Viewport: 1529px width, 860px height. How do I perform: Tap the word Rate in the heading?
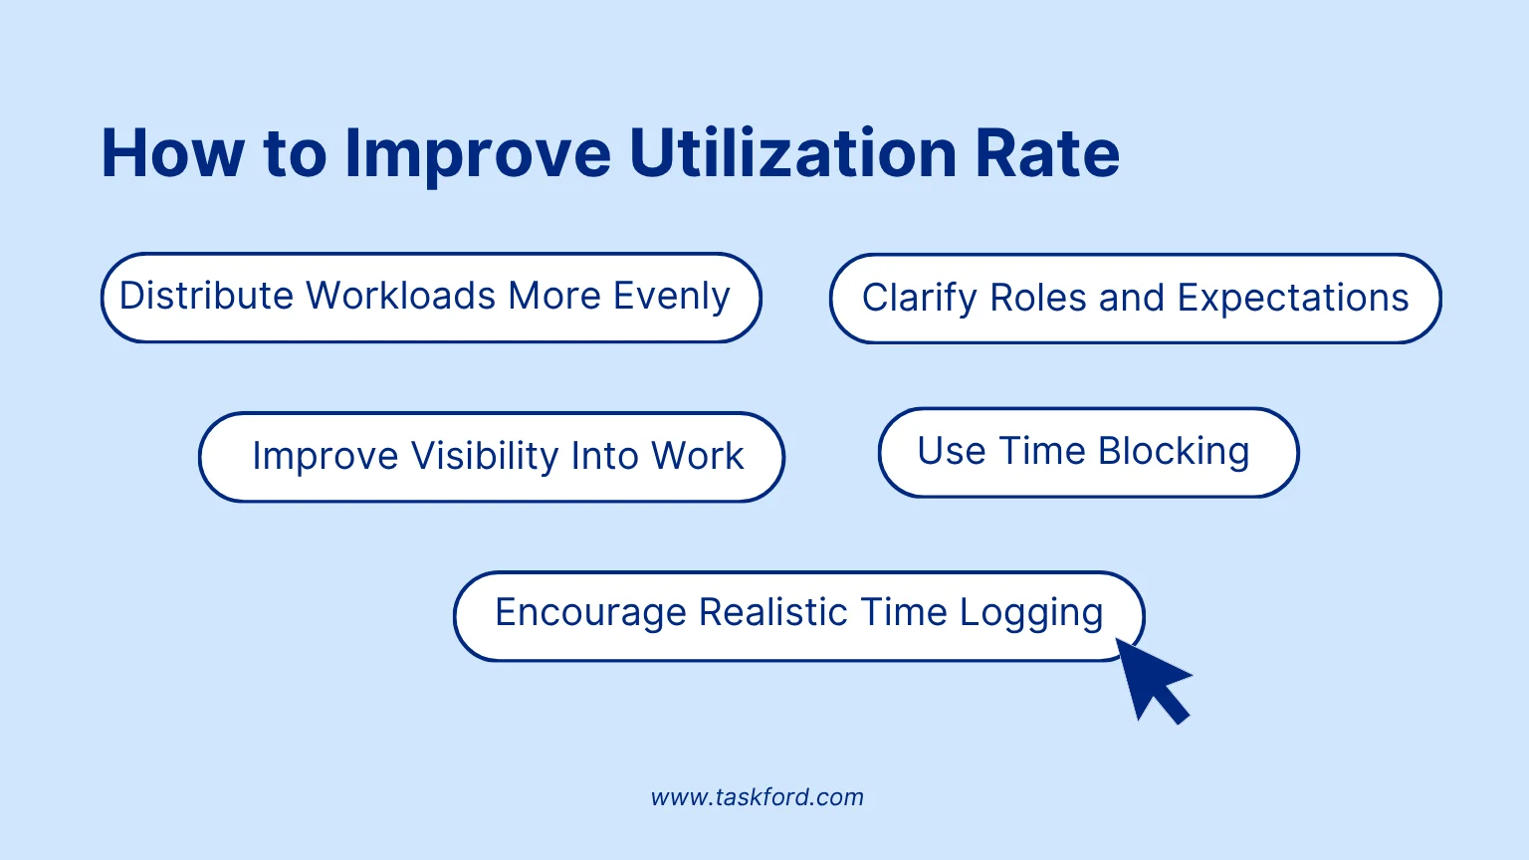click(1047, 153)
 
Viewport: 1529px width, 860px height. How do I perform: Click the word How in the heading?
click(172, 153)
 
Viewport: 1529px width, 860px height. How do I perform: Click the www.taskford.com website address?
click(758, 797)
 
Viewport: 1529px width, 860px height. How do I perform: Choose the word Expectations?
click(1293, 299)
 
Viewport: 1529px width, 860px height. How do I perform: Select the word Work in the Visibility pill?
click(697, 456)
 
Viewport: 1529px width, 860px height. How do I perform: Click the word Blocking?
click(1174, 452)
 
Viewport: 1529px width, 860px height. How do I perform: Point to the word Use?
click(952, 451)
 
